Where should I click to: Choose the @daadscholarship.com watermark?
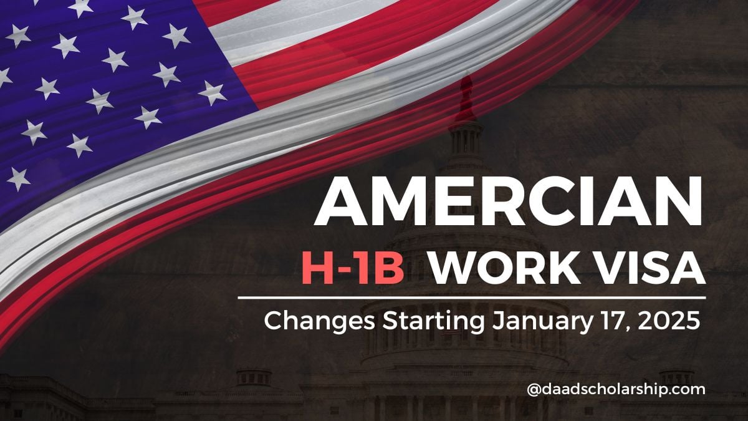point(616,390)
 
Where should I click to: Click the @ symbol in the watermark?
point(534,390)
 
